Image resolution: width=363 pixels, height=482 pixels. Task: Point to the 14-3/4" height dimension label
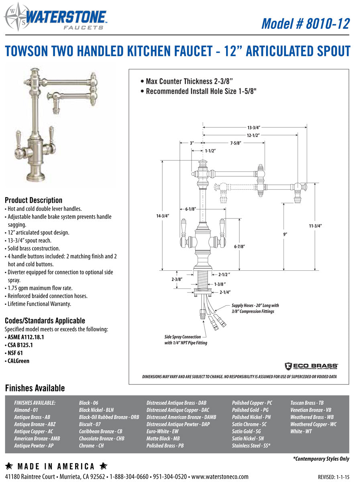pyautogui.click(x=163, y=216)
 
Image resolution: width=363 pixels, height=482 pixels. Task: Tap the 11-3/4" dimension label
pyautogui.click(x=315, y=226)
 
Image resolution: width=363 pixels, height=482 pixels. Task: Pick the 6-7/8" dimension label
pyautogui.click(x=240, y=247)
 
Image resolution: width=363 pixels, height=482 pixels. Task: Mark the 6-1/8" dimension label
pyautogui.click(x=191, y=209)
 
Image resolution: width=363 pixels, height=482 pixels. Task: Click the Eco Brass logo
pyautogui.click(x=311, y=366)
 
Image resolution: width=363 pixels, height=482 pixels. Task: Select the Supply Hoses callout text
pyautogui.click(x=255, y=308)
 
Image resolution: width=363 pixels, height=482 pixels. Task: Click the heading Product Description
pyautogui.click(x=33, y=200)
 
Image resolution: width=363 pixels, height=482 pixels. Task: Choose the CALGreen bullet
pyautogui.click(x=18, y=361)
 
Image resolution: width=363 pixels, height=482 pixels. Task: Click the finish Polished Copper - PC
pyautogui.click(x=252, y=402)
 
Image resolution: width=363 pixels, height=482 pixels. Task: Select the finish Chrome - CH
pyautogui.click(x=91, y=446)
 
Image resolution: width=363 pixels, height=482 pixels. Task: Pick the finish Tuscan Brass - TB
pyautogui.click(x=307, y=402)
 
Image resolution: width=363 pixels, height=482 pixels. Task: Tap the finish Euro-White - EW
pyautogui.click(x=163, y=431)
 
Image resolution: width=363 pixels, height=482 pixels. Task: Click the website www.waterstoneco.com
pyautogui.click(x=220, y=477)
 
